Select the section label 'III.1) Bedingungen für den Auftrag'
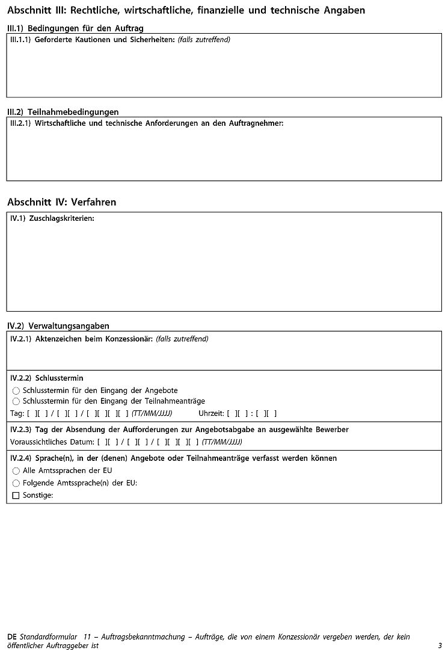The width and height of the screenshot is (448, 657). click(x=75, y=28)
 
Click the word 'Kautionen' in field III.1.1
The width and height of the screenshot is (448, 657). click(x=91, y=40)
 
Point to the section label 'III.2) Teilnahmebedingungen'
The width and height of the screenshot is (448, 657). click(x=63, y=112)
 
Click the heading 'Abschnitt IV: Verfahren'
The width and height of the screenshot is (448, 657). click(x=61, y=202)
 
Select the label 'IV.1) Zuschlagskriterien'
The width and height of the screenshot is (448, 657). click(x=52, y=218)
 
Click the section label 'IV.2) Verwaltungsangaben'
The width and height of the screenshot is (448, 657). click(x=58, y=325)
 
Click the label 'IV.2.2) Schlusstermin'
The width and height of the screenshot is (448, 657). click(x=47, y=378)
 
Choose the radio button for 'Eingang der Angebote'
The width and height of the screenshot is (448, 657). click(x=16, y=390)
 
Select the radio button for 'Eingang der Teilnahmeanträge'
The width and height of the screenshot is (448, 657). click(x=16, y=401)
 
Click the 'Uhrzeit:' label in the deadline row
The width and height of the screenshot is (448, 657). click(x=211, y=413)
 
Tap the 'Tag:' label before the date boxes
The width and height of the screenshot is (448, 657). click(x=17, y=413)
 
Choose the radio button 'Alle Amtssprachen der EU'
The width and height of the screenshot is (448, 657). click(x=16, y=470)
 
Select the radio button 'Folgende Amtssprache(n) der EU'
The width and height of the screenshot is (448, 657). click(x=16, y=483)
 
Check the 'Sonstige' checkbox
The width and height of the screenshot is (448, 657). click(x=16, y=495)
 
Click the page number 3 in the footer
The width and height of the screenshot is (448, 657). click(x=440, y=645)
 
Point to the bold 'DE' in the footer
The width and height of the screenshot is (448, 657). click(x=12, y=637)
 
